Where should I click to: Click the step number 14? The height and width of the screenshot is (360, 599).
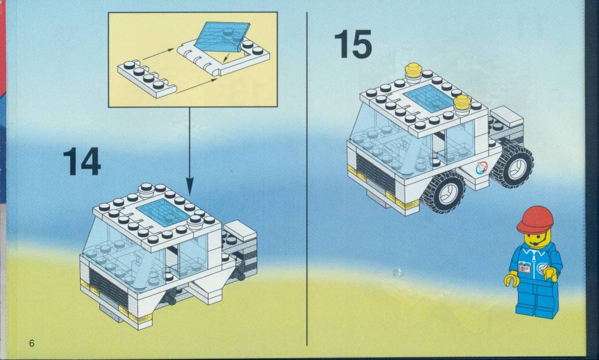(82, 162)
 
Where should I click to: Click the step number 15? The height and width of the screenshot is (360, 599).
(353, 44)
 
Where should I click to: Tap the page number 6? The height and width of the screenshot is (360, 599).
(32, 343)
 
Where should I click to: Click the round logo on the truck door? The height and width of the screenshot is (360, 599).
(481, 168)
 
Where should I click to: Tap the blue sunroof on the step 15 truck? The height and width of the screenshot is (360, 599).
(429, 98)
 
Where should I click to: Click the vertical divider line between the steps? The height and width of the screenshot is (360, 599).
(307, 179)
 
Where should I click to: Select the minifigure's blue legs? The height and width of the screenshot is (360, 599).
(536, 299)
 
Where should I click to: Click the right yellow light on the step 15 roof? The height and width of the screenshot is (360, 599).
(463, 105)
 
